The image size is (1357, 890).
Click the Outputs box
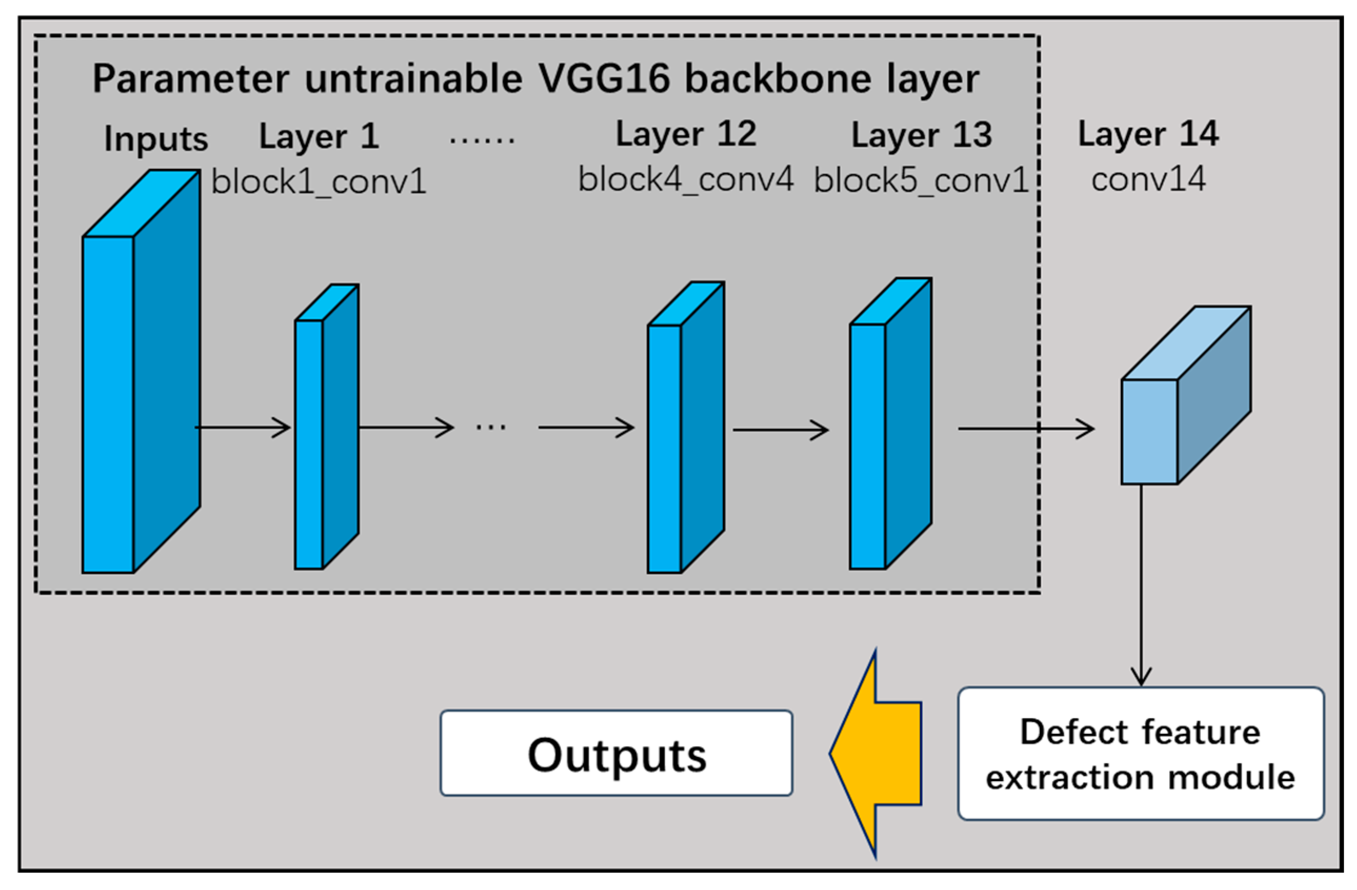[x=616, y=753]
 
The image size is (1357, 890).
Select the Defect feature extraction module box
[x=1140, y=754]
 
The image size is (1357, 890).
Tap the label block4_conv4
[x=686, y=179]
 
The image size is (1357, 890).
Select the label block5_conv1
[x=920, y=181]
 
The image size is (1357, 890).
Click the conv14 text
[x=1148, y=179]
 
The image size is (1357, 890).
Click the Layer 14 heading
[x=1148, y=135]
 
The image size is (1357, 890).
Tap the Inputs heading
[x=156, y=138]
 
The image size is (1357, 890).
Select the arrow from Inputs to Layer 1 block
[x=243, y=427]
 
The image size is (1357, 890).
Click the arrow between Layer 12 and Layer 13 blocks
[x=780, y=430]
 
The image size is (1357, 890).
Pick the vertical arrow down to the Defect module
[x=1141, y=587]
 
